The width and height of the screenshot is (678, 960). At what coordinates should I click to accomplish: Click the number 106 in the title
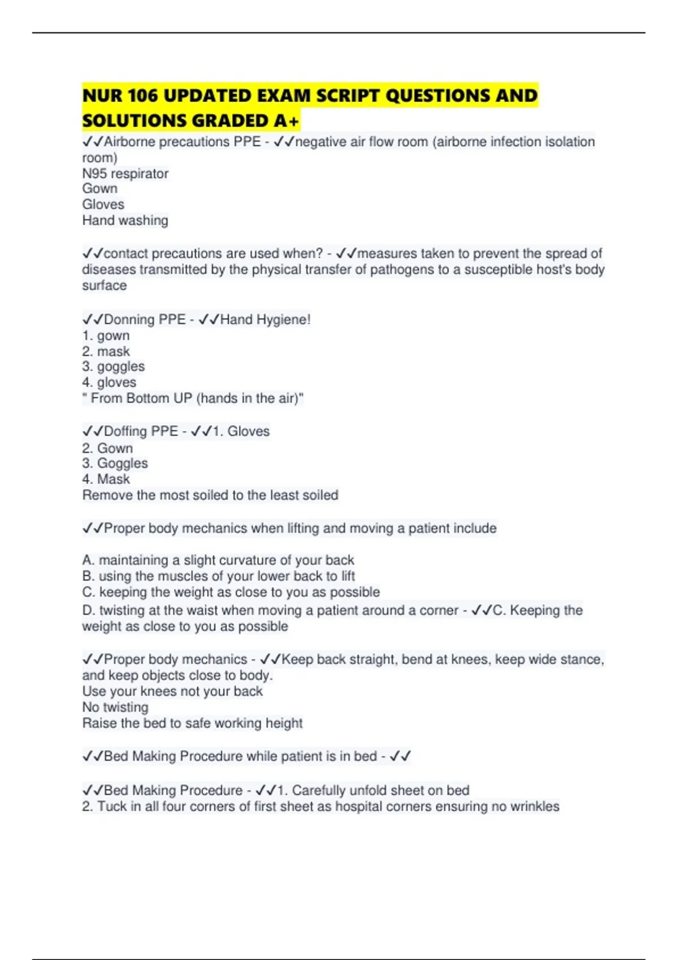click(143, 95)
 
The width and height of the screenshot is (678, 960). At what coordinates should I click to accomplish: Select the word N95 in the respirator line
click(94, 173)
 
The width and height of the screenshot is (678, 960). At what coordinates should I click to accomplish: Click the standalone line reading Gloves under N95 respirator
click(103, 204)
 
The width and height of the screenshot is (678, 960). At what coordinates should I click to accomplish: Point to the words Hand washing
click(125, 220)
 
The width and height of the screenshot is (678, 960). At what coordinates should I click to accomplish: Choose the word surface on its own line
click(105, 285)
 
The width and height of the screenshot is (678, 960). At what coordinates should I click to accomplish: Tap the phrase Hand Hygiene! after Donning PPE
click(266, 320)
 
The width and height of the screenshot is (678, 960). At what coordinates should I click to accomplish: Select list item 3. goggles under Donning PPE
click(114, 366)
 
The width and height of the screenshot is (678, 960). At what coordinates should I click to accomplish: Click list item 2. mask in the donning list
click(106, 351)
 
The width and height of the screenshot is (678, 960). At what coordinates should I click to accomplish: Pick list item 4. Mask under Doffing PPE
click(106, 479)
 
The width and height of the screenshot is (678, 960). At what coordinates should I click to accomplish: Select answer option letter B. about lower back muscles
click(88, 576)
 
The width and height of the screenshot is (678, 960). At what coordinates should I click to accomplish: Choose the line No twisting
click(116, 707)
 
